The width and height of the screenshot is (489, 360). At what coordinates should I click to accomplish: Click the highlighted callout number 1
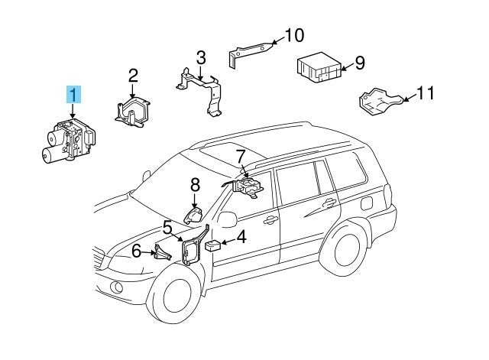73,96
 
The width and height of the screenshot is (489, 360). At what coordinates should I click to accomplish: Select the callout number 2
133,76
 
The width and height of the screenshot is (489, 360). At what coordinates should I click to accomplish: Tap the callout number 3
200,57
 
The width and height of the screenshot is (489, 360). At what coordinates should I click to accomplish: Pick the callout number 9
359,63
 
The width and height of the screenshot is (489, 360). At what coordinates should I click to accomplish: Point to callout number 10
294,35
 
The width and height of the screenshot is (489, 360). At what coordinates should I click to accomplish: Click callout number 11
426,93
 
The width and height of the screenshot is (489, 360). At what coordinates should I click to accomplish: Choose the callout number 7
241,157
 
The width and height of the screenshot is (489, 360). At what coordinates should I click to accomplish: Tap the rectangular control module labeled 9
319,68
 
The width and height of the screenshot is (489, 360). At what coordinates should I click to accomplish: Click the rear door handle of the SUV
329,203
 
